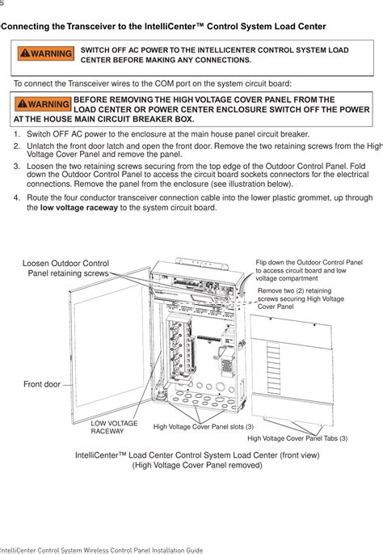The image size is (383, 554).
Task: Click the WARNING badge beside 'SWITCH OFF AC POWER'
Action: coord(46,54)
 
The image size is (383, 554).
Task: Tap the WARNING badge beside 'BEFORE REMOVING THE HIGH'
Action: coord(42,104)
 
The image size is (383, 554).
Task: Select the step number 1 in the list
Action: coord(17,133)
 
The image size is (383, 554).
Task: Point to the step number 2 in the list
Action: coord(17,146)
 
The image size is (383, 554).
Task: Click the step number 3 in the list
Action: coord(17,164)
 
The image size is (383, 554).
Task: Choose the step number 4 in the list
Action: coord(17,197)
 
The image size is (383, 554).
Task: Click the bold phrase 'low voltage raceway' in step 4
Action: coord(78,208)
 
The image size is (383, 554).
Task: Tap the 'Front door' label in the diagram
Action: coord(42,384)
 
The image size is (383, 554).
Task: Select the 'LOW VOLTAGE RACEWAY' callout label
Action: coord(114,427)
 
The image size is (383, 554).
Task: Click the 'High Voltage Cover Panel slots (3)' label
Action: coord(203,426)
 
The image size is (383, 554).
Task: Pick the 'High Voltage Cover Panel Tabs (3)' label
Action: coord(297,438)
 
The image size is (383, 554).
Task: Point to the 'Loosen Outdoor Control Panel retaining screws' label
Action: coord(65,269)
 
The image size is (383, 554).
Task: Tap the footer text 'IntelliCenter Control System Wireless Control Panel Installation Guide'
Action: coord(101,549)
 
